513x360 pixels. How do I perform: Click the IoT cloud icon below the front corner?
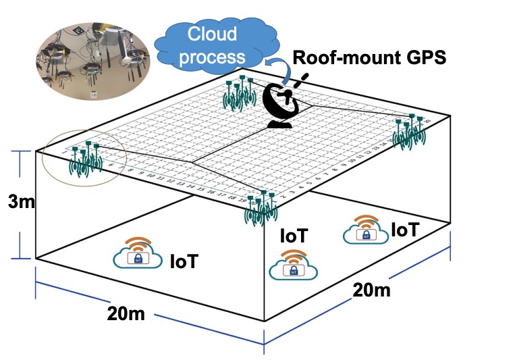[293, 265]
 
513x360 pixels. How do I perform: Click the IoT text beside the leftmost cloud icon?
[184, 261]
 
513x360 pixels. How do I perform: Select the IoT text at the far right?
[404, 230]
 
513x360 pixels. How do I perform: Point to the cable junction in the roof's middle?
[194, 162]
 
